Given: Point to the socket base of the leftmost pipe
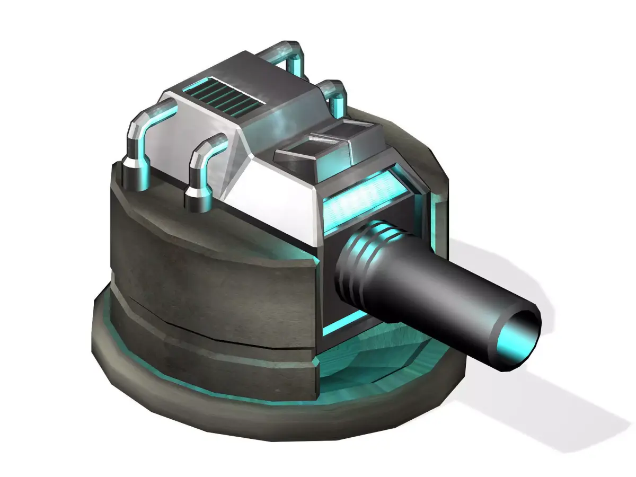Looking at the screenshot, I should [130, 175].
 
